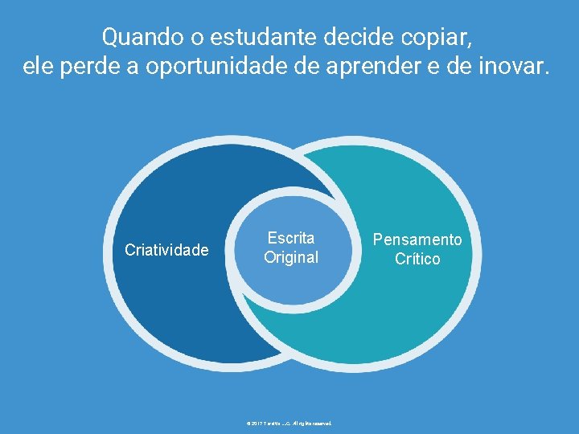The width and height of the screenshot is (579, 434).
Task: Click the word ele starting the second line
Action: point(37,68)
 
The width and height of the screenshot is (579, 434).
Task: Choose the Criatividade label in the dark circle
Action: point(166,251)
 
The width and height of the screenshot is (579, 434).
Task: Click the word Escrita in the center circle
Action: point(291,238)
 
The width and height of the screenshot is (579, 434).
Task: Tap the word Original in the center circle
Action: point(291,257)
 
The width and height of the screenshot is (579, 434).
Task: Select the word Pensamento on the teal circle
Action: point(417,240)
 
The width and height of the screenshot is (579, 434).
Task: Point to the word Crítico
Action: point(417,259)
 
